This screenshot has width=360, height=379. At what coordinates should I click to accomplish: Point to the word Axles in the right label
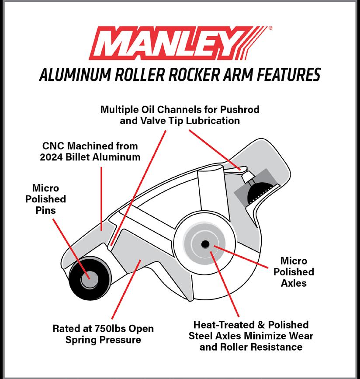point(293,283)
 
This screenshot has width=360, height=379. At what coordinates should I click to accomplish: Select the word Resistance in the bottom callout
point(273,347)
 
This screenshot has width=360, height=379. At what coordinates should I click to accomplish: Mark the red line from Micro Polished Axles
point(245,257)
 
